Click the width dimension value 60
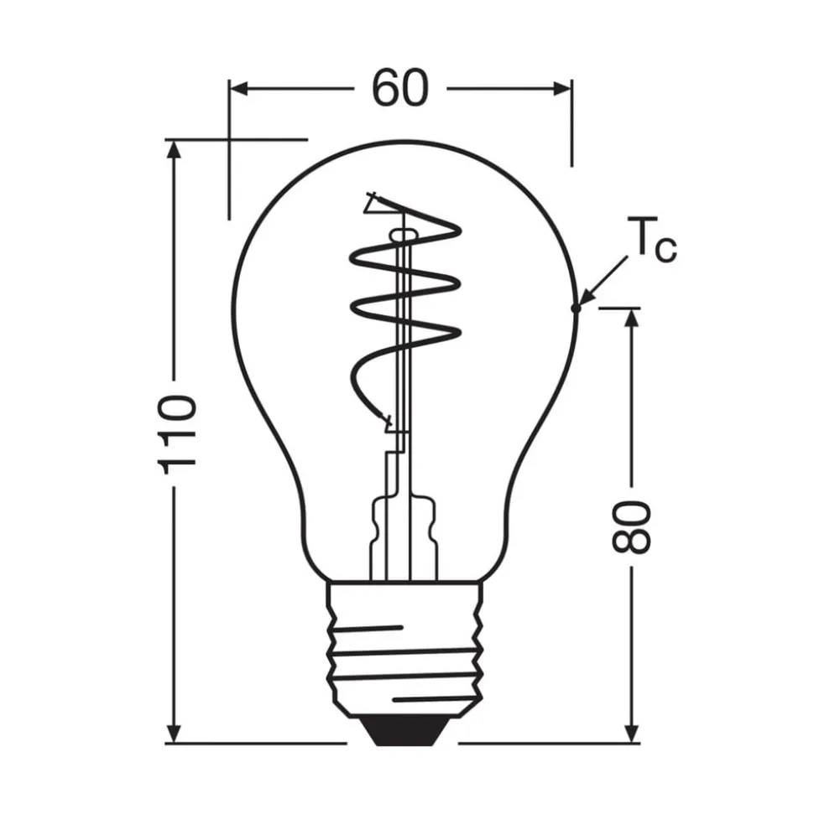pos(400,88)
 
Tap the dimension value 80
pos(631,526)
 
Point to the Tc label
pos(651,241)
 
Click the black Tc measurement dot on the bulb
pos(576,308)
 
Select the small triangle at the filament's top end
pos(373,204)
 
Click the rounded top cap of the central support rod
pos(404,236)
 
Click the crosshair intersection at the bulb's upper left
pos(229,138)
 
